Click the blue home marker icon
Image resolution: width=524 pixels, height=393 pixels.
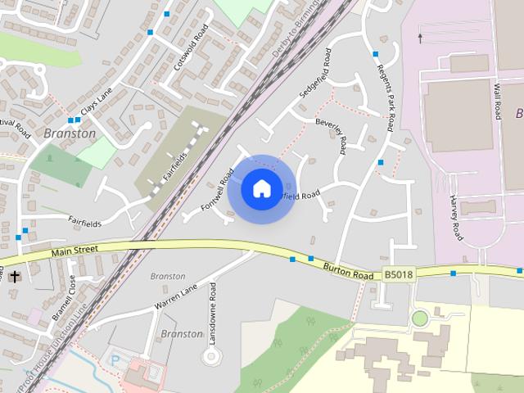[261, 188]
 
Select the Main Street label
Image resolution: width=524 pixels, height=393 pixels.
[75, 251]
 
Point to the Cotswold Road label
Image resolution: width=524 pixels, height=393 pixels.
[191, 47]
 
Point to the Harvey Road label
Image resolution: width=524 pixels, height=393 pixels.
[456, 219]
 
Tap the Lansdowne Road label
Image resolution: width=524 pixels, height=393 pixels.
[213, 313]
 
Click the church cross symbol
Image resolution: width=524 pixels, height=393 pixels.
[15, 277]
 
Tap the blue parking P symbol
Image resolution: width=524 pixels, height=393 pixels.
[115, 359]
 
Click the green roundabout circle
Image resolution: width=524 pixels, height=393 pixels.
[420, 318]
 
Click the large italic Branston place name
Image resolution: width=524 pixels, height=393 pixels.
[70, 133]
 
